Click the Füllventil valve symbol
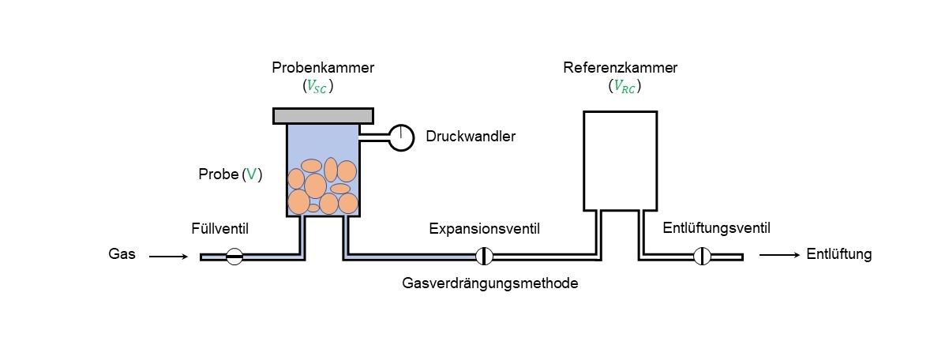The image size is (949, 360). (x=234, y=257)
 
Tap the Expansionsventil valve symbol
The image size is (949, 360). (x=485, y=257)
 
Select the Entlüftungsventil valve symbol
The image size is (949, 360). (x=702, y=257)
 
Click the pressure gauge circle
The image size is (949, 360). (x=401, y=137)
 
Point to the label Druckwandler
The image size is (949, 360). (x=471, y=137)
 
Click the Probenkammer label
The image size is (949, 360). (x=323, y=68)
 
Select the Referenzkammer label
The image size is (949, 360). (x=620, y=68)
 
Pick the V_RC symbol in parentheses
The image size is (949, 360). (x=625, y=87)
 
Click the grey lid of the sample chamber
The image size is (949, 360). (x=323, y=115)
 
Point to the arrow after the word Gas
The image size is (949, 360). (x=168, y=256)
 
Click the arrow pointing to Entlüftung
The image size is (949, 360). (x=778, y=255)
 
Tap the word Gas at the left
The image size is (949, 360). (x=122, y=255)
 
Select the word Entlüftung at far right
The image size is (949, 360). (x=838, y=254)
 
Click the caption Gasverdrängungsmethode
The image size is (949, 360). (x=490, y=283)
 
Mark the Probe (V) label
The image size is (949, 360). (x=230, y=175)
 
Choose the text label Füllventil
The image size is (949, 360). (x=219, y=229)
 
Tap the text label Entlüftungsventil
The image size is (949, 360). (x=716, y=228)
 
